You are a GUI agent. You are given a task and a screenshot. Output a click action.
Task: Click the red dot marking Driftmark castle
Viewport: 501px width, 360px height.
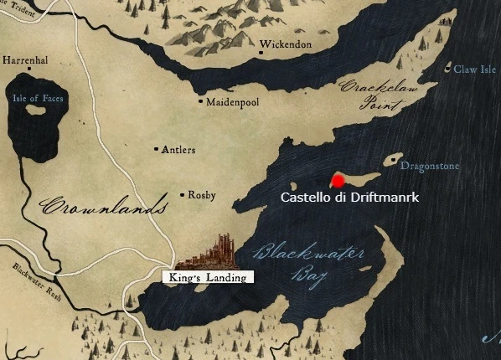coord(337,180)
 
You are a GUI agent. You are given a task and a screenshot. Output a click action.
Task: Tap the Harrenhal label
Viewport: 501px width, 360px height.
coord(26,61)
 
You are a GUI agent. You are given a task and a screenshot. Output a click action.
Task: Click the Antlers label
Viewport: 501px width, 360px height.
coord(178,150)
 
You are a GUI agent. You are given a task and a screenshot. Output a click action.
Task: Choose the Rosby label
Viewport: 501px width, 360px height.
coord(201,196)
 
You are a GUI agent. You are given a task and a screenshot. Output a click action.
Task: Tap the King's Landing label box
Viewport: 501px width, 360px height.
coord(205,277)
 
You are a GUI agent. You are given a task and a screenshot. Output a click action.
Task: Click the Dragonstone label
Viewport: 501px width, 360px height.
coord(429,167)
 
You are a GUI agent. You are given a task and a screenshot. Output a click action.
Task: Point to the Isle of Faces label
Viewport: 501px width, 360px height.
coord(38,98)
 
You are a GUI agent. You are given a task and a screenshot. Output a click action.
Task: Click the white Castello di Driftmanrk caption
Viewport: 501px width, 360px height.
coord(349,198)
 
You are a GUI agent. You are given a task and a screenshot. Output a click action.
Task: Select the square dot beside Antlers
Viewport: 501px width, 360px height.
coord(157,150)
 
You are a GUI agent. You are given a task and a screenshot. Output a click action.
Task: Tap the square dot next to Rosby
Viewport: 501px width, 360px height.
coord(183,196)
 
